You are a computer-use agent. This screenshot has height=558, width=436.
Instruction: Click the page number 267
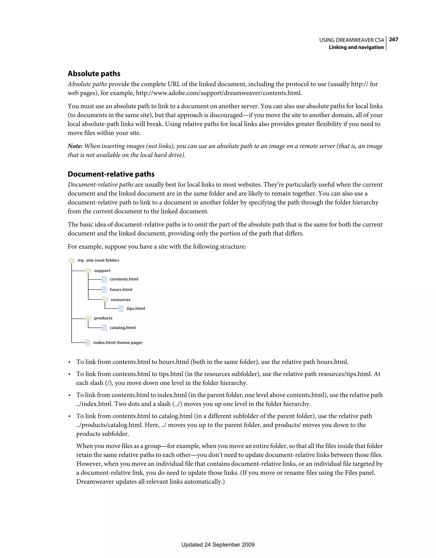coord(393,39)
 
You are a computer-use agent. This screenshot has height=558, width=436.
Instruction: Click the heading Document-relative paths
coord(111,174)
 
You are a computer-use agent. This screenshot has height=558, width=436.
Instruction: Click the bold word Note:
coord(75,146)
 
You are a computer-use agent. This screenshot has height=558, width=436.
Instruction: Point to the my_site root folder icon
coord(72,260)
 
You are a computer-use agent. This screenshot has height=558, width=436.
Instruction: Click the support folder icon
coord(88,270)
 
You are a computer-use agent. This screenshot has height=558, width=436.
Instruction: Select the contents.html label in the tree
coord(124,279)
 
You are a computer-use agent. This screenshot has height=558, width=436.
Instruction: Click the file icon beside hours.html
coord(104,289)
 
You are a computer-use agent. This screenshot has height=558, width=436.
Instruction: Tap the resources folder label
coord(120,300)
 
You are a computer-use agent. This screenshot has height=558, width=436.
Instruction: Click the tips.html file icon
coord(121,309)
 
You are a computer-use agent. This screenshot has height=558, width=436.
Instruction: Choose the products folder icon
coord(88,318)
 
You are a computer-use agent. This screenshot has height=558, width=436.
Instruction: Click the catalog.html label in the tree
coord(123,328)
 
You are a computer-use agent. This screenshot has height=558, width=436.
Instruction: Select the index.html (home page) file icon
coord(88,343)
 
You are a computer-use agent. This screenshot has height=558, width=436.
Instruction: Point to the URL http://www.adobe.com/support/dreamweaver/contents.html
coord(219,93)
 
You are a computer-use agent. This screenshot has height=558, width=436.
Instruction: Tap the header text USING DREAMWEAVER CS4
coord(351,40)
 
